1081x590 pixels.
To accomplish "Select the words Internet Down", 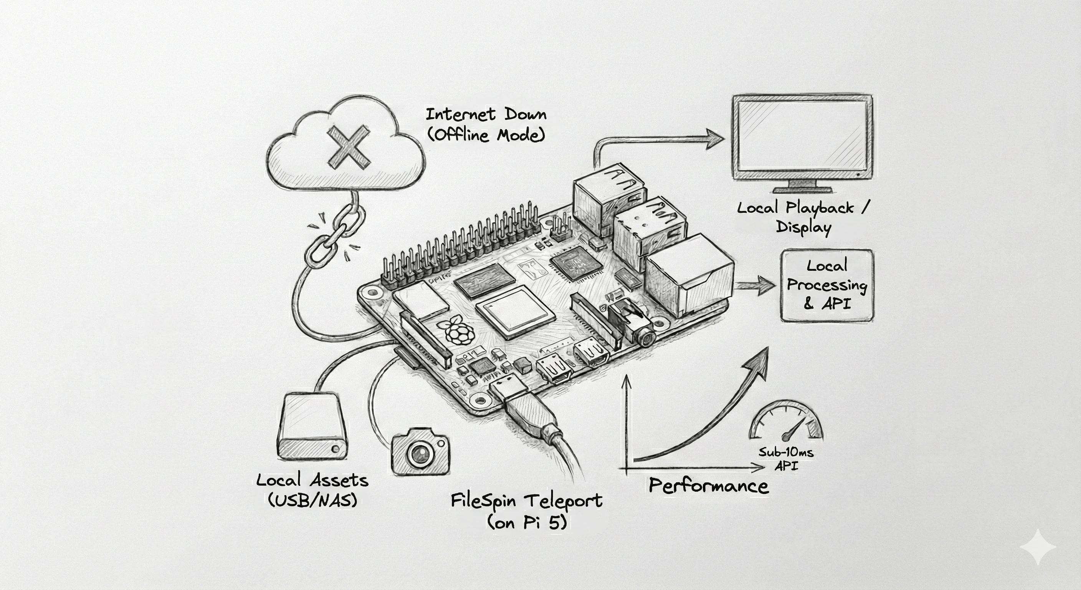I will point(486,114).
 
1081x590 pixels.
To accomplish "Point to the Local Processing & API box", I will point(827,285).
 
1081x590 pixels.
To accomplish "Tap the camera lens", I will point(420,454).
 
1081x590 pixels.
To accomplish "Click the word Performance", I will point(708,486).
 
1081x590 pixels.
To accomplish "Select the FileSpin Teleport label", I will point(526,501).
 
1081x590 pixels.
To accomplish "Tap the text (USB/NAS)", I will point(312,500).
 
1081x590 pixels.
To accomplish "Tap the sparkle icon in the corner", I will point(1037,547).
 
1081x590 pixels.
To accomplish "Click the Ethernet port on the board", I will point(688,277).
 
